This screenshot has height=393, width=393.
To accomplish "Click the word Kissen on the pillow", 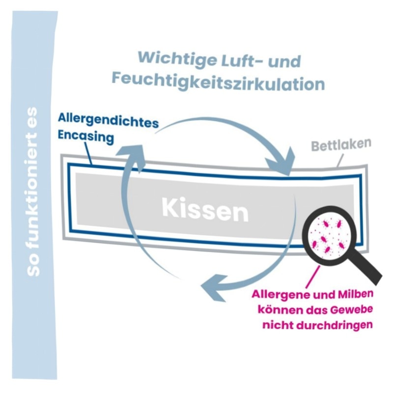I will pos(205,210).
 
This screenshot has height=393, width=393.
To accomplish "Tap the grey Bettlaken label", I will pos(341,144).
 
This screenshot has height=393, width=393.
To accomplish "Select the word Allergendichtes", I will pos(108,120).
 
